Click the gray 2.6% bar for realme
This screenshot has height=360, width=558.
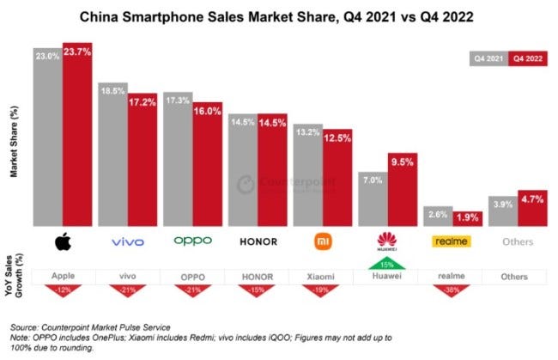point(437,217)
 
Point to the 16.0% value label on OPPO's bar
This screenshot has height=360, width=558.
point(207,112)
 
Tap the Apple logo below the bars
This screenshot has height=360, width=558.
point(63,242)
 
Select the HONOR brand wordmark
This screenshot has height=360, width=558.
point(257,242)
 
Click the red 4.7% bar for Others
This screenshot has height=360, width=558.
point(531,208)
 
